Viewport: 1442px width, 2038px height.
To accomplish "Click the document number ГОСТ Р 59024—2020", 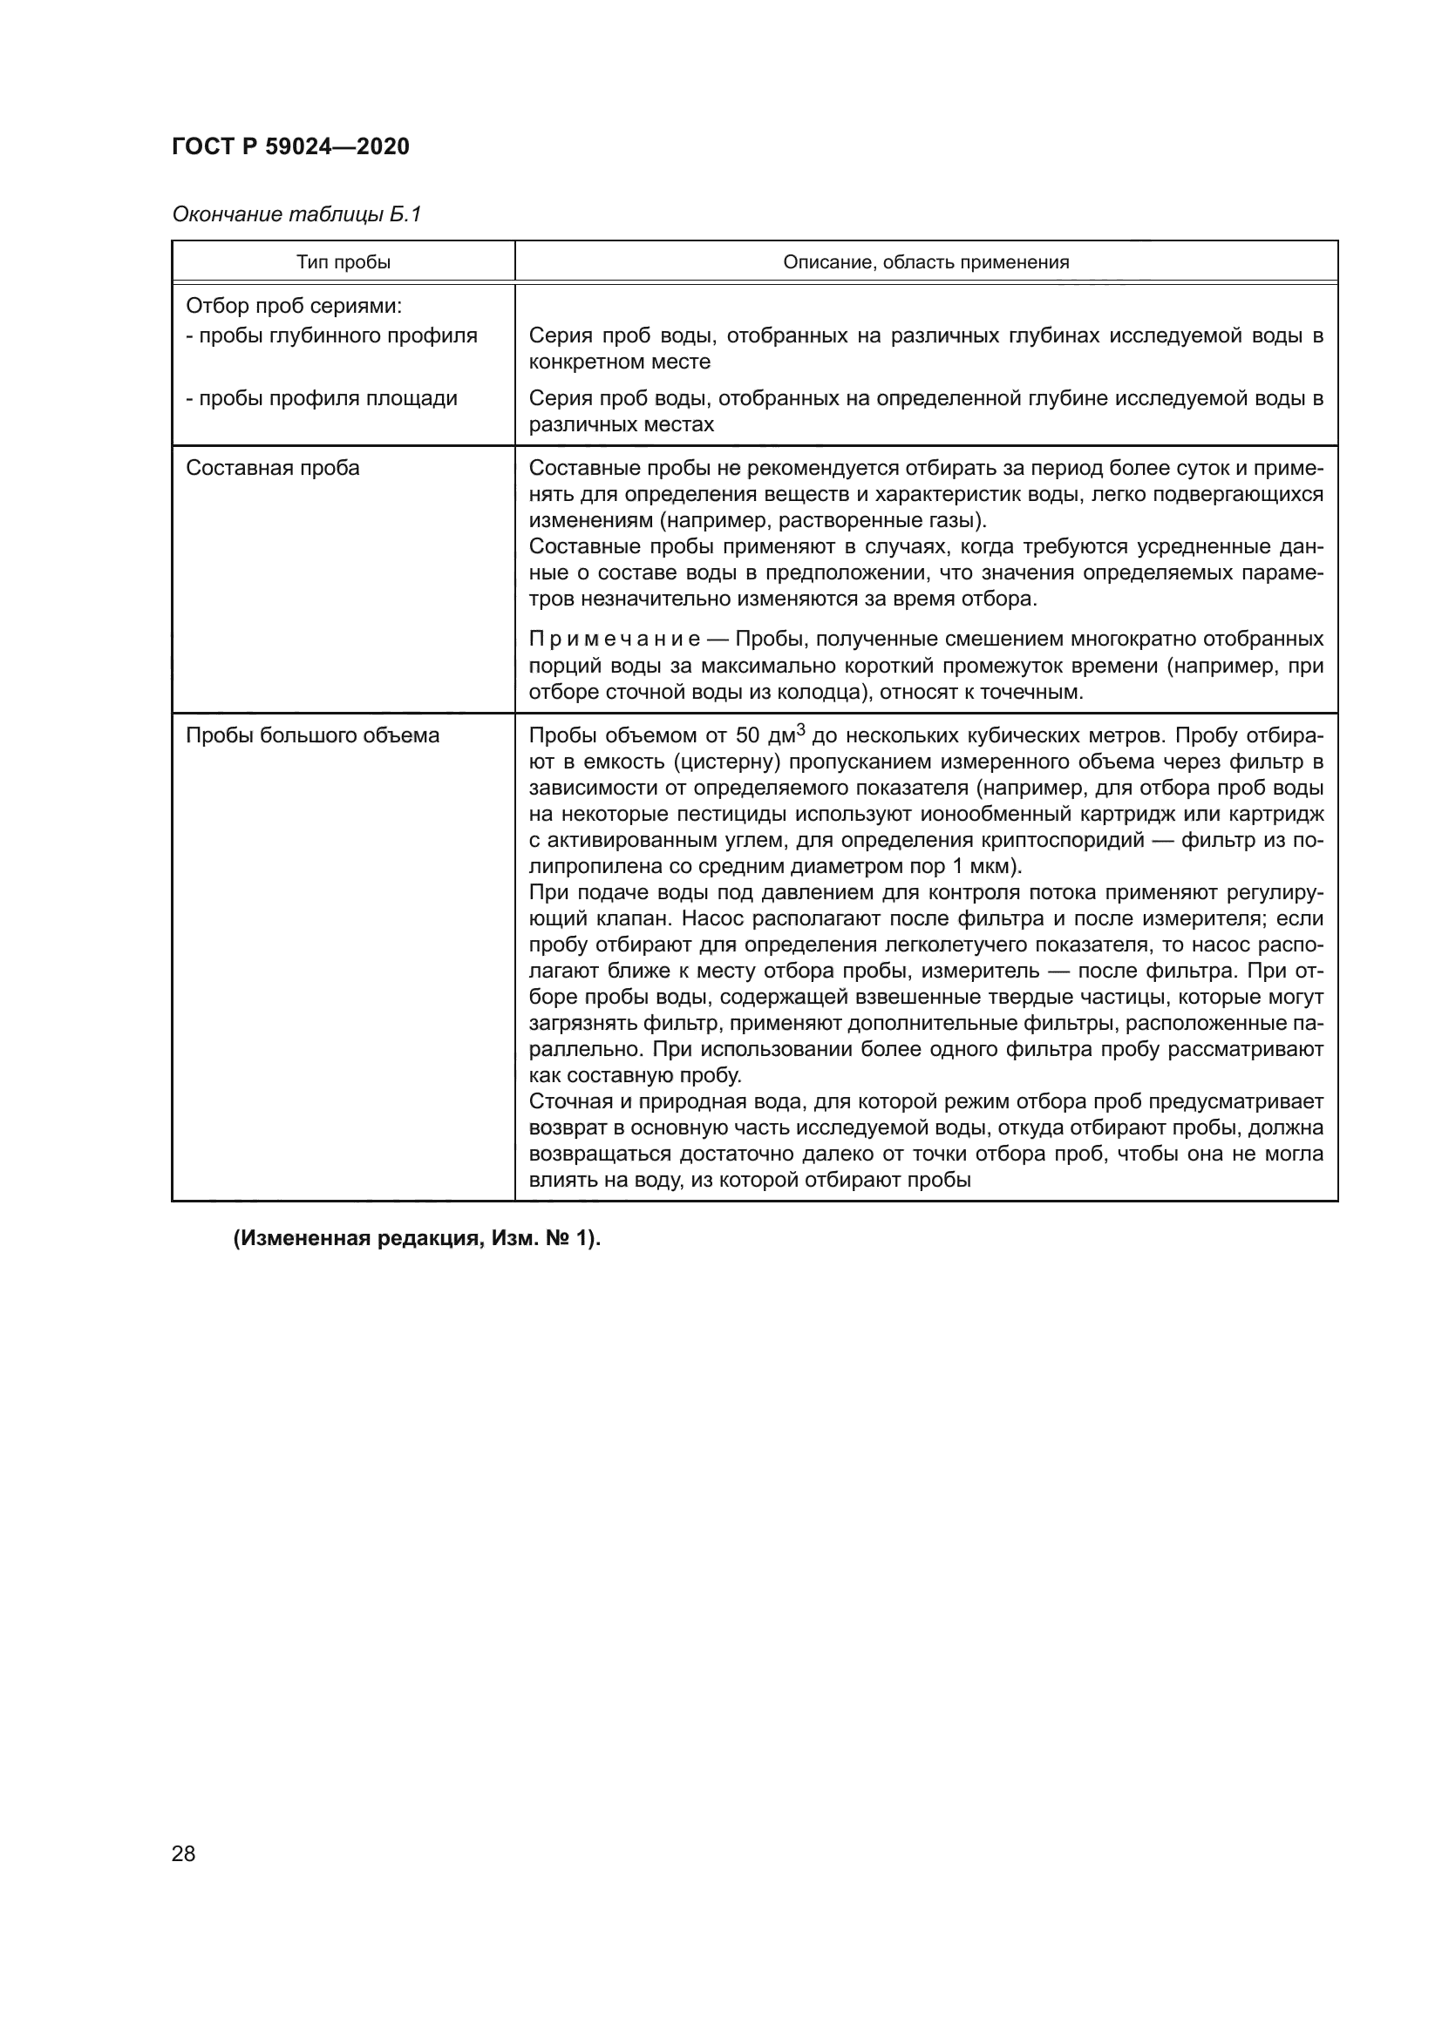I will [290, 146].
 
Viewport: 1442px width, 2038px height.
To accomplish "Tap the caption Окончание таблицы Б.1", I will [296, 214].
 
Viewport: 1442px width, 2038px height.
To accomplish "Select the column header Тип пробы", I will [343, 262].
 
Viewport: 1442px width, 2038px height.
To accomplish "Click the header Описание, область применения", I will [925, 262].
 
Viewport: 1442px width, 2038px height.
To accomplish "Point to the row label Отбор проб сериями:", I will [294, 306].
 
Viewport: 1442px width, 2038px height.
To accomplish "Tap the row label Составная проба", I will [273, 468].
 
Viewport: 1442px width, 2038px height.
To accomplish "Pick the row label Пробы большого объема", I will [313, 735].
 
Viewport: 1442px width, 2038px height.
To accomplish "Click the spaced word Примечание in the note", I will [614, 639].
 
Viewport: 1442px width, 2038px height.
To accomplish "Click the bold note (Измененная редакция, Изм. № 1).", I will [418, 1238].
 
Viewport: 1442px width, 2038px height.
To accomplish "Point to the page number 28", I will [183, 1853].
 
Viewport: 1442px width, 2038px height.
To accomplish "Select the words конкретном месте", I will [619, 362].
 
